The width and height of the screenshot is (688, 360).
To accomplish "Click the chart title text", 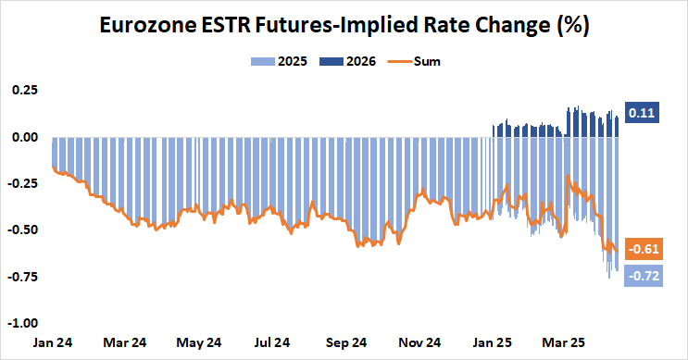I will point(344,28).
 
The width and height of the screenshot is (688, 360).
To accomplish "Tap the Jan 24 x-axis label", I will point(52,341).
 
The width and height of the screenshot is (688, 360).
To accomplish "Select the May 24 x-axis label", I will point(200,341).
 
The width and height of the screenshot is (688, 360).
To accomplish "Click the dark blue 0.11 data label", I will point(642,113).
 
